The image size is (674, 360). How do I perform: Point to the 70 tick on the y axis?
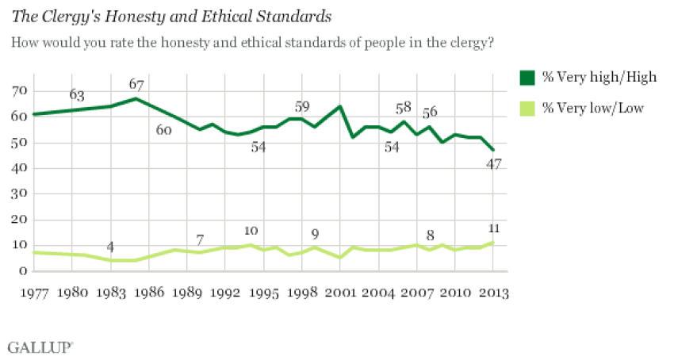pos(18,91)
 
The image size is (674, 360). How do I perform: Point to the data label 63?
pos(76,95)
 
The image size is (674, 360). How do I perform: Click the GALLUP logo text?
pos(40,347)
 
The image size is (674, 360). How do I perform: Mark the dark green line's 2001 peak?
pos(339,106)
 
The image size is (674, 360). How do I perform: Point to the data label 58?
pos(404,107)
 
